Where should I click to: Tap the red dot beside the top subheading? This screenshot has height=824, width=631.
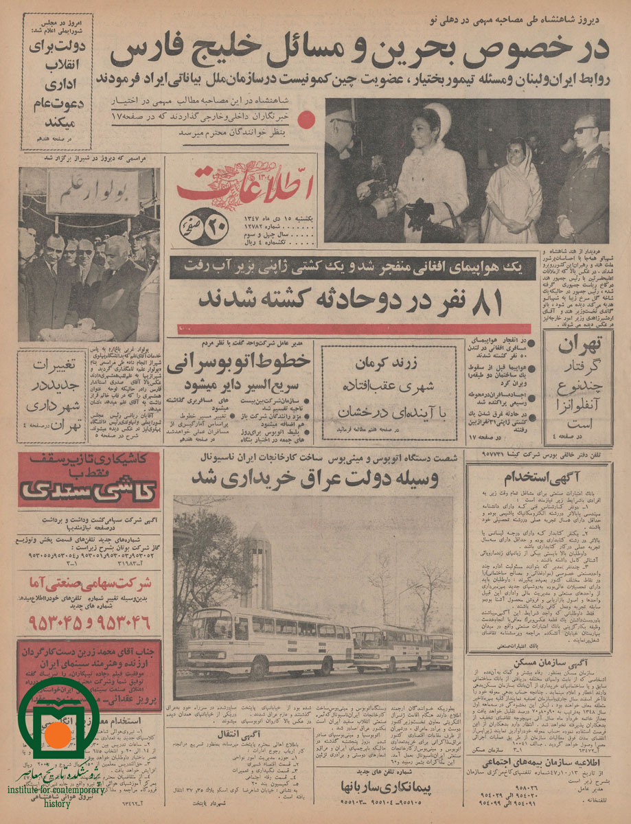(308, 118)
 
